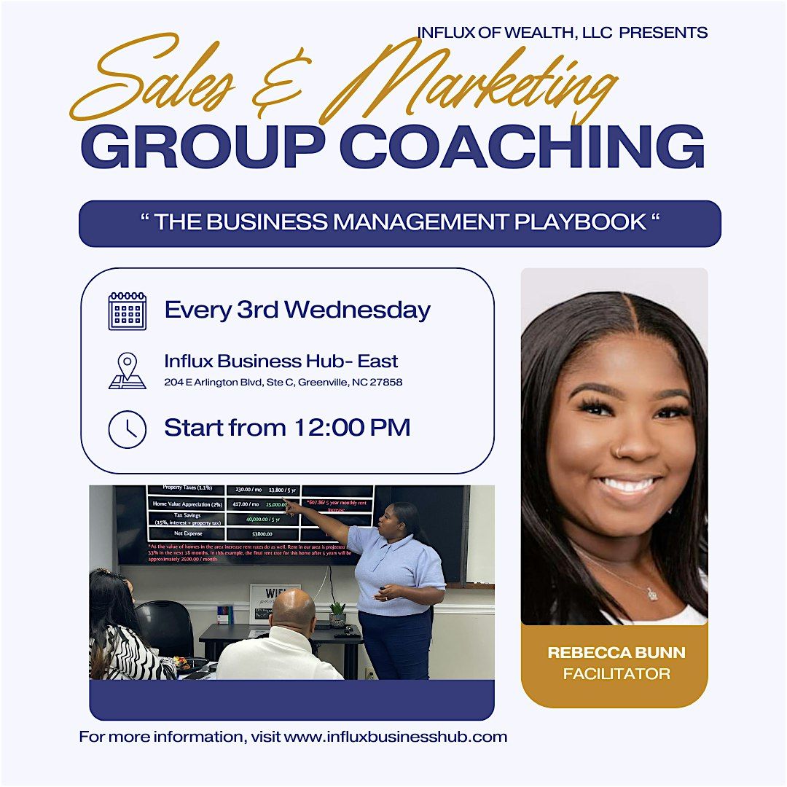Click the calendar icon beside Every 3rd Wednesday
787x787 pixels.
127,311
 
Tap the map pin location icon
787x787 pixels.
128,371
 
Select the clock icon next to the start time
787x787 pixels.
127,429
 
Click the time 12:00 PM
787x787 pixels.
352,428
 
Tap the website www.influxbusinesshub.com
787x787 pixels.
396,737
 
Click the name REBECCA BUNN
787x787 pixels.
616,653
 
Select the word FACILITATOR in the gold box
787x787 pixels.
616,674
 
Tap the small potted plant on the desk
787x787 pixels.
337,614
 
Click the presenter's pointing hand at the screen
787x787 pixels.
292,506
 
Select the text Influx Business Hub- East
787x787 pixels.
281,361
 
